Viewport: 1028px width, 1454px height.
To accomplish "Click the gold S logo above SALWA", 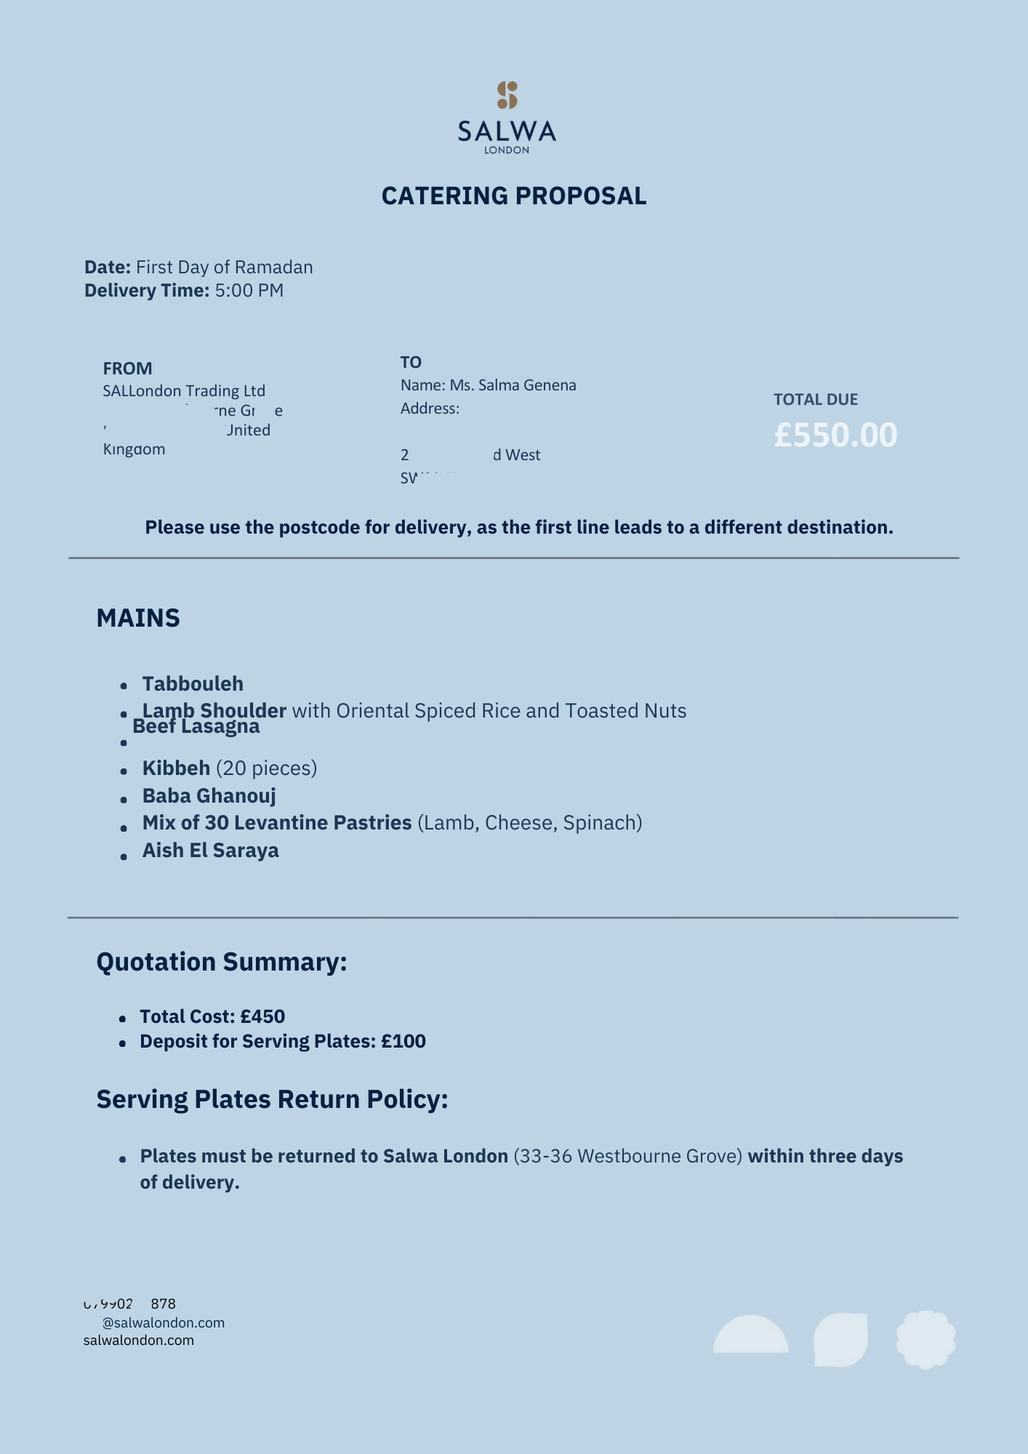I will point(507,95).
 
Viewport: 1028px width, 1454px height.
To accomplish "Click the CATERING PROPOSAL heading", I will point(514,196).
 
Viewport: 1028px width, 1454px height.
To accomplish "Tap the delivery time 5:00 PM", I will point(249,291).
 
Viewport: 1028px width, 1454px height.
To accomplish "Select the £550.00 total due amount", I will point(835,435).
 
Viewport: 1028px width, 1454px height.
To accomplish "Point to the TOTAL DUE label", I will point(815,400).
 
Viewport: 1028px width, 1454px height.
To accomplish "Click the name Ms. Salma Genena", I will point(513,385).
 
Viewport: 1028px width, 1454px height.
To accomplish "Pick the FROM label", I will point(127,369).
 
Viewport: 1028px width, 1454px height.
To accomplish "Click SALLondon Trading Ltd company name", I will point(184,391).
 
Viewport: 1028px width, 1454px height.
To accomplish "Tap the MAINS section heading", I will point(138,618).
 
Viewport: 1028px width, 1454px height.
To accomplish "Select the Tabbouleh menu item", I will point(193,684).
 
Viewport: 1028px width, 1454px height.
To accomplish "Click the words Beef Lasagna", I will point(196,726).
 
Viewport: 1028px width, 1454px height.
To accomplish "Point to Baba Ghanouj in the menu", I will point(209,796).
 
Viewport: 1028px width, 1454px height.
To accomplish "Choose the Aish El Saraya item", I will point(210,851).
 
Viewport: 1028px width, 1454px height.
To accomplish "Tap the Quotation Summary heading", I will point(222,962).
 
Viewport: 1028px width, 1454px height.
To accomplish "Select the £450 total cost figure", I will point(262,1016).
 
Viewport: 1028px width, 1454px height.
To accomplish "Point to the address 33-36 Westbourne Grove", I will point(628,1156).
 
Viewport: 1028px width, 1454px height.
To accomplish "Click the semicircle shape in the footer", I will point(750,1336).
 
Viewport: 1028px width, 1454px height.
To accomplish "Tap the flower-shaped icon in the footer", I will point(925,1339).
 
